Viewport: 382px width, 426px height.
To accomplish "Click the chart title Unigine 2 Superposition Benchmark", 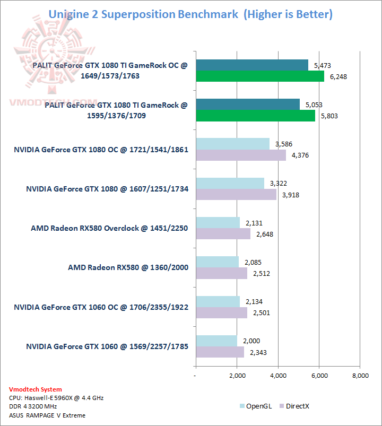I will click(143, 14).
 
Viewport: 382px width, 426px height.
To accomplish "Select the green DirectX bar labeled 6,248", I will click(260, 76).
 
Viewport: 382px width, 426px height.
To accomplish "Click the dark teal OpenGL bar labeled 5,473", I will click(252, 65).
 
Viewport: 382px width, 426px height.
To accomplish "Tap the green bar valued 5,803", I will click(255, 116).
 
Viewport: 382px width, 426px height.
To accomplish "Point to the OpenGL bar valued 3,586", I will click(233, 144).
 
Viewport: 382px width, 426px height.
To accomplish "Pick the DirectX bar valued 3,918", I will click(236, 194).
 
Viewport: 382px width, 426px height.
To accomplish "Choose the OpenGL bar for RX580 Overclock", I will click(218, 222).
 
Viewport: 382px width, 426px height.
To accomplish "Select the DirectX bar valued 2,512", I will click(222, 273).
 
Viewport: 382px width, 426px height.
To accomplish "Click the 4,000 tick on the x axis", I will click(278, 376).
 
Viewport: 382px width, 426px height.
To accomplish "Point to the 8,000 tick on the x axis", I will click(360, 376).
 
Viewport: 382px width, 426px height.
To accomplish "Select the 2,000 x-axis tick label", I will click(237, 376).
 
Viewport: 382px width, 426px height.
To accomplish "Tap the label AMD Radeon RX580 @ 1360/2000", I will click(128, 267).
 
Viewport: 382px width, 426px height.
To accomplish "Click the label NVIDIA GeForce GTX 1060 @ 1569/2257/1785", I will click(107, 346).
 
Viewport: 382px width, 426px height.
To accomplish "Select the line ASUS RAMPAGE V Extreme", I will click(47, 415).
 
